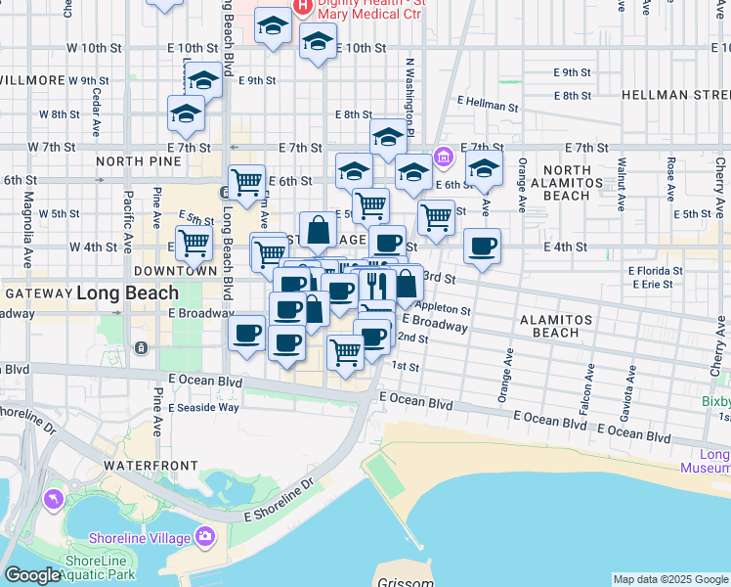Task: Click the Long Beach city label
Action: click(127, 293)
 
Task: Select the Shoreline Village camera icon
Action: click(204, 535)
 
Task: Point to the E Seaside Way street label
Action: click(203, 407)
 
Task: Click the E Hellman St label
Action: click(488, 104)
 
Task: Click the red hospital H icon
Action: click(303, 5)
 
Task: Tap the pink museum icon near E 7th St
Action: click(443, 156)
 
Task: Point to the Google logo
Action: click(32, 575)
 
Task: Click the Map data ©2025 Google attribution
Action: click(670, 579)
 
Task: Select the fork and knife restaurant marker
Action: click(376, 285)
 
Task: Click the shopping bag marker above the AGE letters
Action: click(319, 231)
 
